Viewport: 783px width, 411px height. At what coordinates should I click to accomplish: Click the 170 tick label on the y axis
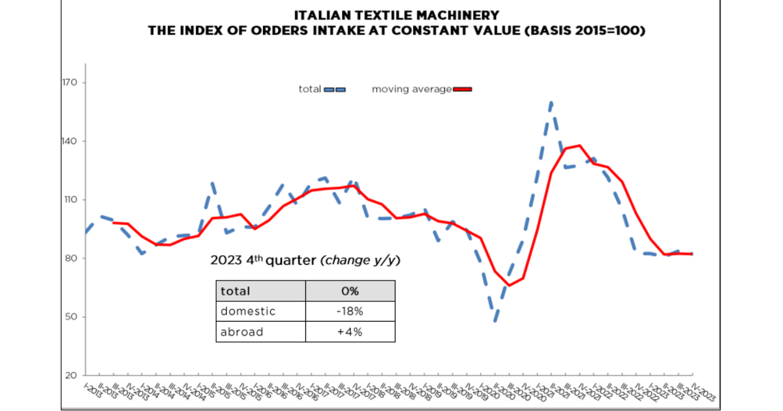pos(70,83)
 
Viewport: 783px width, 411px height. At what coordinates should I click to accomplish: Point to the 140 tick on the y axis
pos(70,142)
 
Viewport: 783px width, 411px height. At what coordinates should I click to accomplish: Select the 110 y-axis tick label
pos(70,200)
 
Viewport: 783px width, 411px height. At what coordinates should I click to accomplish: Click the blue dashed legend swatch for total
pos(334,89)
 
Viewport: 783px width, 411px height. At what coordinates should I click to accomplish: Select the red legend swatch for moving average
pos(462,89)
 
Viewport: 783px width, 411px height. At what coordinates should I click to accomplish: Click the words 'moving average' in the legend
pos(411,89)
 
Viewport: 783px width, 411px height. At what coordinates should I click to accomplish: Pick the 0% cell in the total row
pos(350,291)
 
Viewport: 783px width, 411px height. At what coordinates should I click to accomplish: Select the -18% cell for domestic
pos(350,311)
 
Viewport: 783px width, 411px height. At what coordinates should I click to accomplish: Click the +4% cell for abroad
pos(350,331)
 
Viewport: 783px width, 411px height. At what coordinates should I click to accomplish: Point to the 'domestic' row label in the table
pos(248,311)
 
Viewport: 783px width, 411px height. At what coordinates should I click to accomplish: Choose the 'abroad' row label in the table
pos(242,331)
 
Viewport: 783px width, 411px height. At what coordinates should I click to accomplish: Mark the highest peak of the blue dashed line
pos(551,102)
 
